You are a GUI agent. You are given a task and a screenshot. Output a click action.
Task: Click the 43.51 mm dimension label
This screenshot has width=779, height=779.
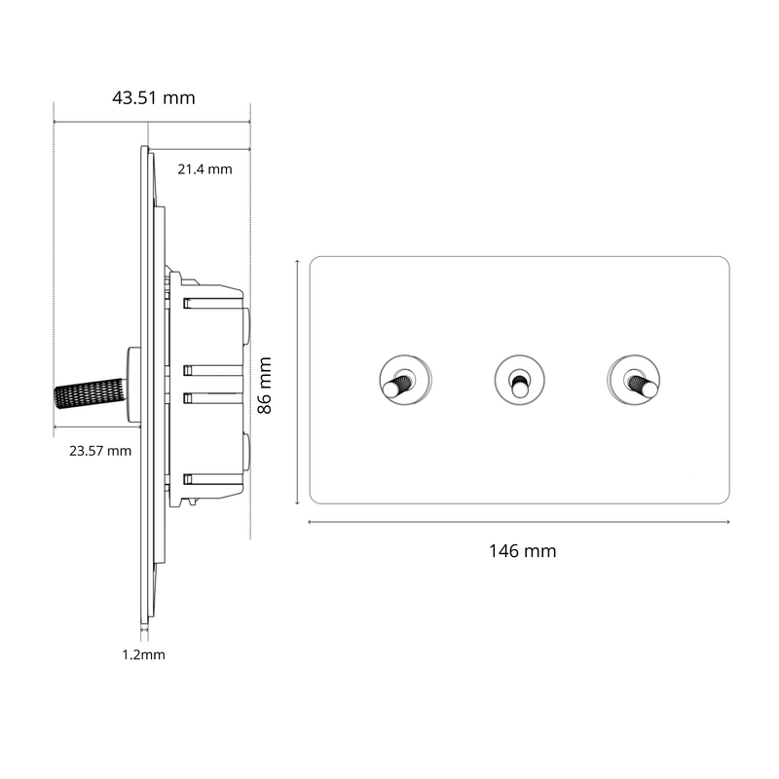(154, 98)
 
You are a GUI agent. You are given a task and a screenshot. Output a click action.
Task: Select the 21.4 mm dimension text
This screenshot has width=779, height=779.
(204, 169)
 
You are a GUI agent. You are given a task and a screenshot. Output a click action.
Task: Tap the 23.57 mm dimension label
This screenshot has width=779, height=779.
(100, 451)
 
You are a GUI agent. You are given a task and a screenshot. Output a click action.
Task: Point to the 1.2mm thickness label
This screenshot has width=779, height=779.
(143, 654)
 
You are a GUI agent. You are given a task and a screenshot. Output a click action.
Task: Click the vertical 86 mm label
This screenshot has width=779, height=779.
(264, 386)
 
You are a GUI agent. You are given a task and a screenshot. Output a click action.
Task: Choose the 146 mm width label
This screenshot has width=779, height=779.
(523, 551)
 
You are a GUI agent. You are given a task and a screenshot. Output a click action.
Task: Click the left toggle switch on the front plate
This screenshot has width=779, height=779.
(404, 380)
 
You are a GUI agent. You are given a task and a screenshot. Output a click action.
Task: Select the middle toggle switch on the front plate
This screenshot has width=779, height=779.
(519, 380)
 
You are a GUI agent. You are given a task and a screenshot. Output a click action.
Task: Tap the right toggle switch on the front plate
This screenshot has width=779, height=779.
(634, 380)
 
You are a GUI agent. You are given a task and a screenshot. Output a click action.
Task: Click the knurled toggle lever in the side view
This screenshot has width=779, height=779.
(91, 393)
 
